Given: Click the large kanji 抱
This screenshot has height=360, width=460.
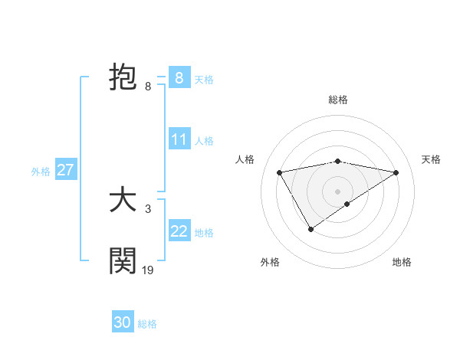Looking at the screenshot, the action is coord(123,78).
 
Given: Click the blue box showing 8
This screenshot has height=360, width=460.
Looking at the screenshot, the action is coord(179,77).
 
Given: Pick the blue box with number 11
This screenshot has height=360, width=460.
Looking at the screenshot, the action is coord(179,139).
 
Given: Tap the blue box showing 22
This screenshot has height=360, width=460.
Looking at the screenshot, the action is coord(179,231).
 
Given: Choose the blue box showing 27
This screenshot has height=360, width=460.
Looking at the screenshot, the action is coord(65,170).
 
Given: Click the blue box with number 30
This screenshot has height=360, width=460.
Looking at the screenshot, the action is coord(123,322).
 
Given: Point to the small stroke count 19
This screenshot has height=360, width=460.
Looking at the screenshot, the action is coord(148,270).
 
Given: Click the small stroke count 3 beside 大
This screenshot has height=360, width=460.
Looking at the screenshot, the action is coord(148,208).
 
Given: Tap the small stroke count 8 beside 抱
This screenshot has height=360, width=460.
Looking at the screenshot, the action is coord(148,87).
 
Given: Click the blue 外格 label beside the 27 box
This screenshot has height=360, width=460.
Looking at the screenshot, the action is coord(41,172).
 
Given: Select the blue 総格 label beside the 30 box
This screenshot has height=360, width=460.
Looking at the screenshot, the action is coord(147,324).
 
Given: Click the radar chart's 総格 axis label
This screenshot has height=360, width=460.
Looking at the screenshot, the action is coord(338,100).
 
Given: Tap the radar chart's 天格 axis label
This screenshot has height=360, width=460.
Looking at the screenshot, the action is coord(432,159).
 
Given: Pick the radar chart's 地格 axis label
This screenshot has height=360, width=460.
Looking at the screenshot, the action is coord(402,263).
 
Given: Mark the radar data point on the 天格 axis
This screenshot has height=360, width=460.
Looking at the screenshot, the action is coord(396,172).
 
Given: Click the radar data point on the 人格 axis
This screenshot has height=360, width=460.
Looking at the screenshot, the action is coord(280,172).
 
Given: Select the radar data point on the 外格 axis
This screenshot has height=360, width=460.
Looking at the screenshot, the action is coord(310,229).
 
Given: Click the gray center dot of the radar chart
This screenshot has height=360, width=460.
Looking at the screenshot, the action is coord(338,191).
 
